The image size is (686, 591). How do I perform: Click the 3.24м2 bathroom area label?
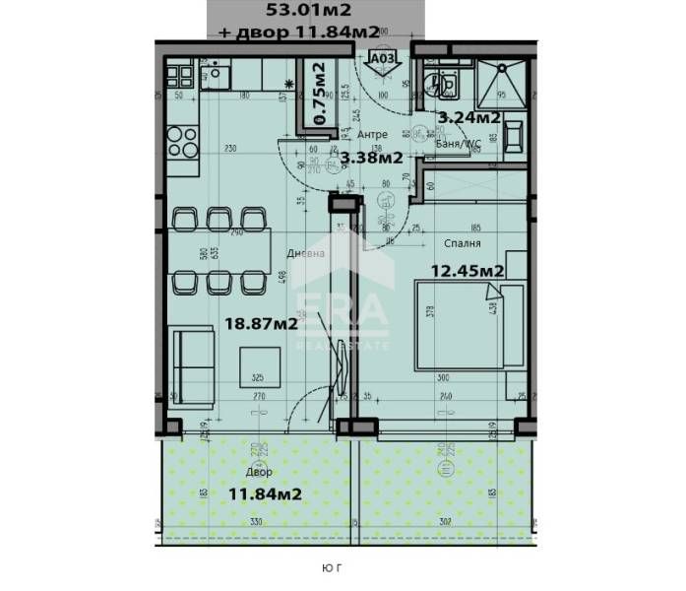[x=469, y=117]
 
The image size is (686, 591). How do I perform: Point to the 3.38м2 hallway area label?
[x=370, y=156]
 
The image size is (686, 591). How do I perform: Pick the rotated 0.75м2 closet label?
[x=319, y=92]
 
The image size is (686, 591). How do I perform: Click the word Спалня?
[x=461, y=241]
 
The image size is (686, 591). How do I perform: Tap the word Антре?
[x=372, y=134]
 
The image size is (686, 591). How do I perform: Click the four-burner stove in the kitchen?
[x=182, y=144]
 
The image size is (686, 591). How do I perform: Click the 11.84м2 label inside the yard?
[x=265, y=493]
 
